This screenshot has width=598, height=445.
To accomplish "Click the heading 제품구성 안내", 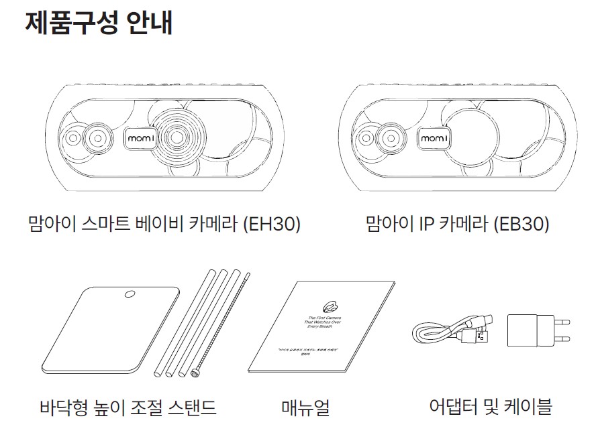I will (x=99, y=22).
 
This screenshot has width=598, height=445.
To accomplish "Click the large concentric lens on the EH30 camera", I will (x=177, y=136).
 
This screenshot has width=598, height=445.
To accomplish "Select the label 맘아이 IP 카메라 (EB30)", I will (x=458, y=224).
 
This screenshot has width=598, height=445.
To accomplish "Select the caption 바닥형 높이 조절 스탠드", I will (x=128, y=406).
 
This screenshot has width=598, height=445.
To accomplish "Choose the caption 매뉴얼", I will (x=305, y=407).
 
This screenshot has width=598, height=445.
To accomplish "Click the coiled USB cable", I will (x=450, y=329).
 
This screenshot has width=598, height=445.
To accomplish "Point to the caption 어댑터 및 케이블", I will (x=490, y=405).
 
